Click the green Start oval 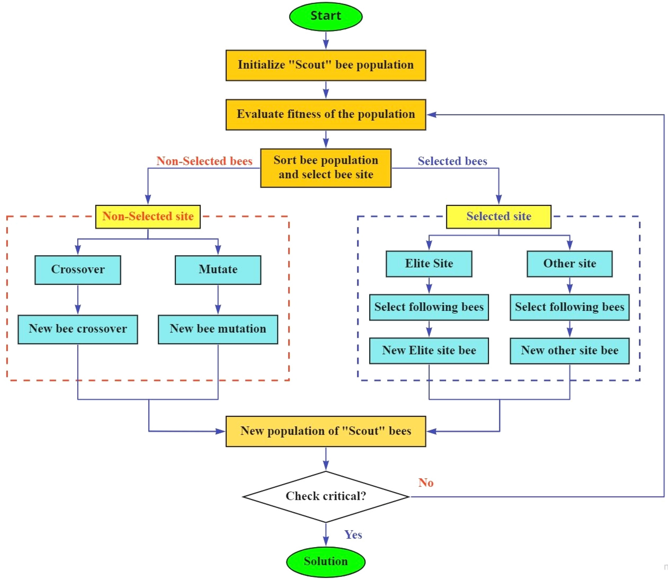pos(326,16)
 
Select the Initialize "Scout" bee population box pos(326,65)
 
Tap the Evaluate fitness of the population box pos(326,115)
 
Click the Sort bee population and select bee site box pos(326,168)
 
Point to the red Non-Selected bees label pos(204,161)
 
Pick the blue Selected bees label pos(452,161)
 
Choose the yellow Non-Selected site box pos(148,217)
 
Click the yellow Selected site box pos(499,217)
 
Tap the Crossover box pos(78,270)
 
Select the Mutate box pos(218,270)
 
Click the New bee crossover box pos(78,329)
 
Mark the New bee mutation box pos(218,329)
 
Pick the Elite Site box pos(429,264)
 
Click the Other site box pos(569,264)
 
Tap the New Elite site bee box pos(429,351)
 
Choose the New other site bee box pos(569,351)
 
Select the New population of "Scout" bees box pos(326,431)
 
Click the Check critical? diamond pos(326,497)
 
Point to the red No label pos(426,483)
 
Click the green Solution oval pos(326,562)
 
